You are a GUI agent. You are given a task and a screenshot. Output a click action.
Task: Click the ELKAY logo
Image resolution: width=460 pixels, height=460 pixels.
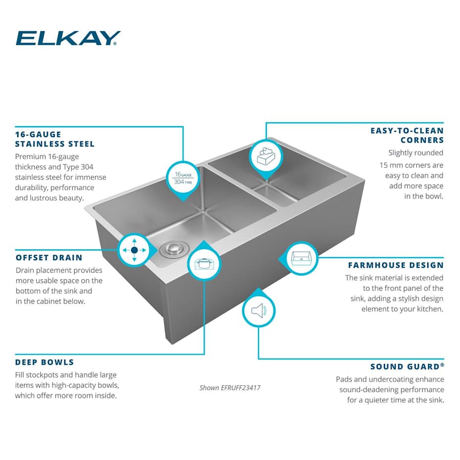(68, 38)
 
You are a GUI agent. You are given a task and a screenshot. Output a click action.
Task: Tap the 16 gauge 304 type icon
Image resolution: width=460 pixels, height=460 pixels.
(182, 177)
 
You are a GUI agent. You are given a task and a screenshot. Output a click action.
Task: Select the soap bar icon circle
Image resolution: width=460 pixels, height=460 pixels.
(266, 156)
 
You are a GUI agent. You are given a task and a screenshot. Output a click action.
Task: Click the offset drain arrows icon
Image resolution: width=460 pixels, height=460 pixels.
(134, 250)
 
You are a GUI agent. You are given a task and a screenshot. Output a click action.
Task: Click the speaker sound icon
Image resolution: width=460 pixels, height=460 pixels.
(258, 311)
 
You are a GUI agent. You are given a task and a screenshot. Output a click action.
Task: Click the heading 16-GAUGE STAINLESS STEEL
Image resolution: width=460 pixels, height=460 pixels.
(55, 139)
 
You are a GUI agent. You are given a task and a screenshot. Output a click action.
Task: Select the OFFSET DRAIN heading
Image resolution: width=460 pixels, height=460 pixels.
(49, 258)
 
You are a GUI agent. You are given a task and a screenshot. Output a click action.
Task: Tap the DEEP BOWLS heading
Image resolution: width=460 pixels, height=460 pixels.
(44, 362)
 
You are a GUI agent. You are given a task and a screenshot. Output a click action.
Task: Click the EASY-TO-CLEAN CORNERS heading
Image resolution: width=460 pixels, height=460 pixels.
(407, 135)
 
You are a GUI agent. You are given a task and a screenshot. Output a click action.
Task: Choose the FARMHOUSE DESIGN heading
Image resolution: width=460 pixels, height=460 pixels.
(396, 265)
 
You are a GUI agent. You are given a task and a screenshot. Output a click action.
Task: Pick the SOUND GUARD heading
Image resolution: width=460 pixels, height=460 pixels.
(407, 366)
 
